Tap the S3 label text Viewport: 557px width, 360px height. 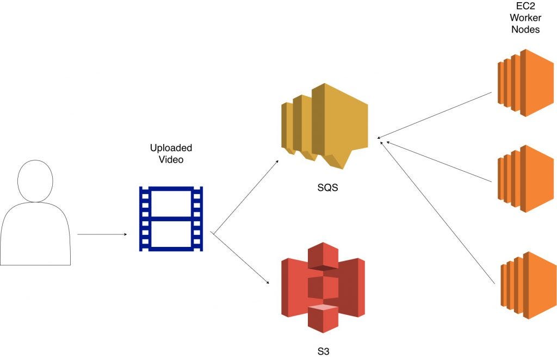(x=323, y=351)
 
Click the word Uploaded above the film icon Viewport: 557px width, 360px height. (x=171, y=148)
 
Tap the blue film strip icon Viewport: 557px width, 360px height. (x=171, y=219)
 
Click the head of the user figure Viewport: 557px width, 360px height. (x=35, y=181)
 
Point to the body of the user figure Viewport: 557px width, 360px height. (x=35, y=234)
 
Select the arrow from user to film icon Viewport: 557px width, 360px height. (x=102, y=235)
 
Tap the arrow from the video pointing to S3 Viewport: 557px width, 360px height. (x=241, y=259)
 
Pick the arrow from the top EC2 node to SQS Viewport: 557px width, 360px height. (x=435, y=115)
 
